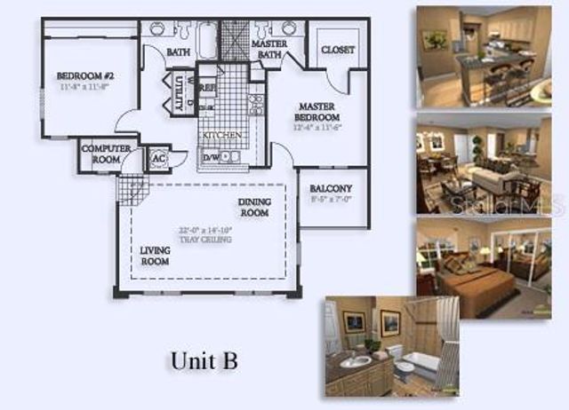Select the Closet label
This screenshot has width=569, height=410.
click(x=338, y=50)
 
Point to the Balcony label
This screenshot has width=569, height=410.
click(x=331, y=188)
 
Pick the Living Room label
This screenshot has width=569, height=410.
click(x=155, y=256)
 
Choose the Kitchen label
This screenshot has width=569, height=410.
click(x=220, y=135)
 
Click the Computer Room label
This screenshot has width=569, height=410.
click(x=106, y=154)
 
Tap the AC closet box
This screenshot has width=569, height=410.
click(x=159, y=159)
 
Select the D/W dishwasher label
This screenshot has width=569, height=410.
click(x=212, y=157)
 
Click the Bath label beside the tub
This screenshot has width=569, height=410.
click(x=179, y=52)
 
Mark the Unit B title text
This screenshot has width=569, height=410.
click(x=203, y=361)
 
